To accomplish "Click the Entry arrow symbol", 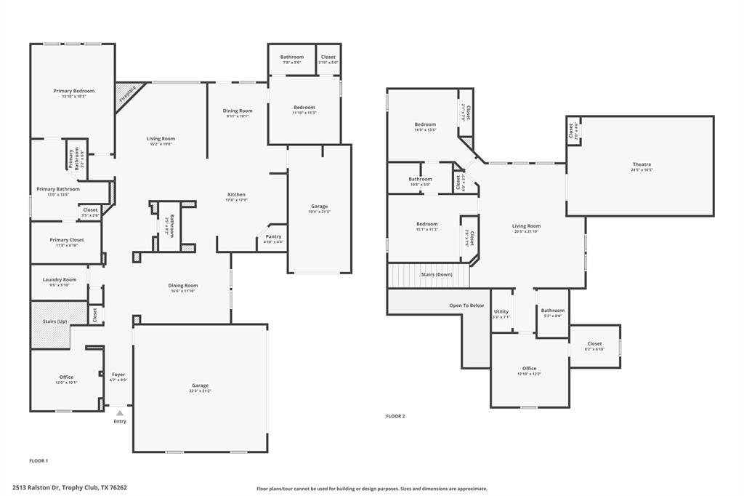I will tap(120, 413).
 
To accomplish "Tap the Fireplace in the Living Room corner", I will tap(127, 95).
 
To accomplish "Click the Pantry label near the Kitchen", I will tap(273, 236).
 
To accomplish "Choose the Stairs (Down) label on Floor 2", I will tap(437, 275).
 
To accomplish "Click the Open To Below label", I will tap(466, 305).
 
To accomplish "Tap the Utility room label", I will tap(501, 311).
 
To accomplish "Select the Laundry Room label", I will tap(60, 279).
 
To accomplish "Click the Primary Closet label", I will tap(67, 240).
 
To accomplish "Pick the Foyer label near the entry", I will tap(118, 375).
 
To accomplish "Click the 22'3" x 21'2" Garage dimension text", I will tap(200, 391).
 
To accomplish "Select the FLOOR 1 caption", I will tap(39, 460).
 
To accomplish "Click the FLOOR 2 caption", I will tap(395, 416).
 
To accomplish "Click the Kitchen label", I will tap(236, 195).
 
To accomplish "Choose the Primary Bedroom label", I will tap(74, 91).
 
